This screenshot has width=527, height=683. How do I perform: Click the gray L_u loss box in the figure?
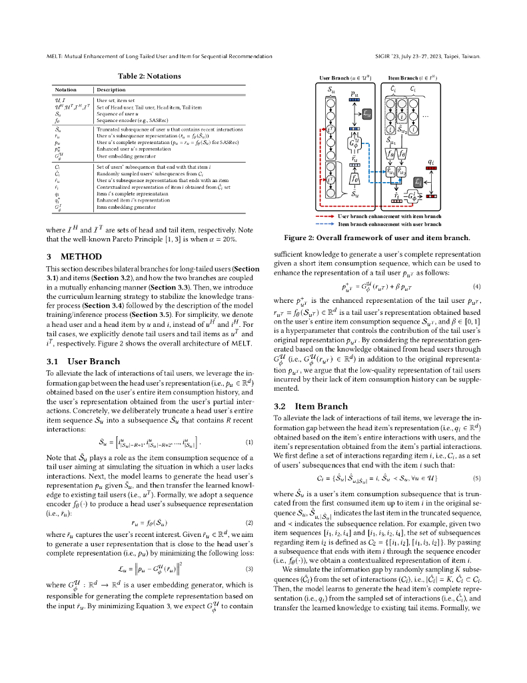366,114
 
